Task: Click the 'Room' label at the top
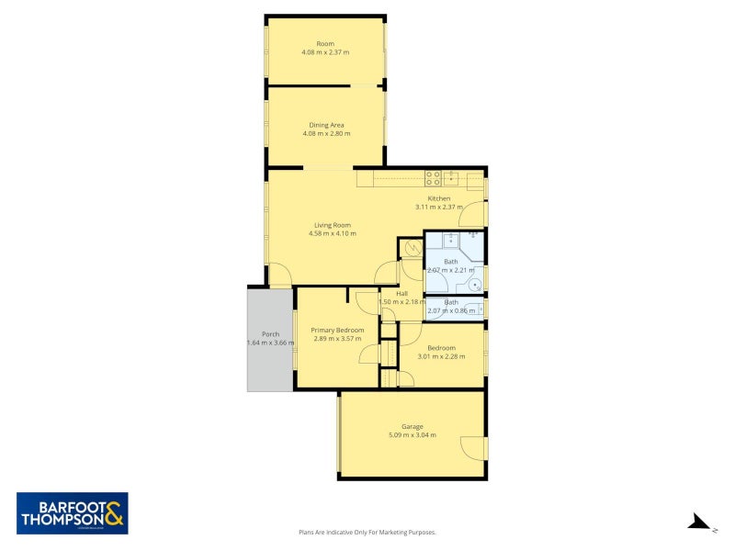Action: tap(325, 43)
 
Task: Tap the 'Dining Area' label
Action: tap(325, 125)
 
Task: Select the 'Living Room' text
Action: tap(332, 225)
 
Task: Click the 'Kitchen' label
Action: tap(438, 198)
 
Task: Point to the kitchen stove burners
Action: tap(432, 178)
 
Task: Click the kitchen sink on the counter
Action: tap(450, 178)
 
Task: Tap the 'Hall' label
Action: tap(401, 294)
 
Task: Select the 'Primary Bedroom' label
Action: tap(337, 330)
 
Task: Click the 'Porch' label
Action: tap(270, 333)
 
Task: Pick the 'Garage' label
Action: tap(412, 426)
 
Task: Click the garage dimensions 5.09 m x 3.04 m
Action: tap(412, 435)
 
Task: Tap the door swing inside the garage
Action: tap(471, 448)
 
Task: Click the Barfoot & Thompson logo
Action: tap(73, 513)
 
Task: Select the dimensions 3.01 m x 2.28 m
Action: tap(441, 356)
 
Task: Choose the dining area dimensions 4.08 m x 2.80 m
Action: tap(325, 134)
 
